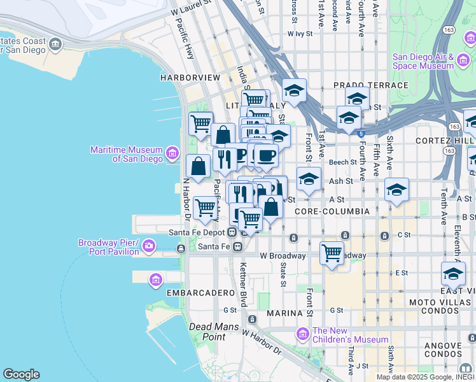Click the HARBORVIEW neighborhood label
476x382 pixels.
190,78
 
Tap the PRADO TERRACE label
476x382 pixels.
370,85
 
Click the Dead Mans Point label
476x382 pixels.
214,331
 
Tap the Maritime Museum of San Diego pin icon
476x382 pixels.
172,153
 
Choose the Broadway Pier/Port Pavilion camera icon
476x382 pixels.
148,245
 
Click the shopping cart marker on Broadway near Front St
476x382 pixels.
332,253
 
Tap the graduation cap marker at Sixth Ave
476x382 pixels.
396,190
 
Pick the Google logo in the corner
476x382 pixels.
21,374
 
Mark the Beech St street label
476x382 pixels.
344,163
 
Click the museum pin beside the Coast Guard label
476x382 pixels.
55,44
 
